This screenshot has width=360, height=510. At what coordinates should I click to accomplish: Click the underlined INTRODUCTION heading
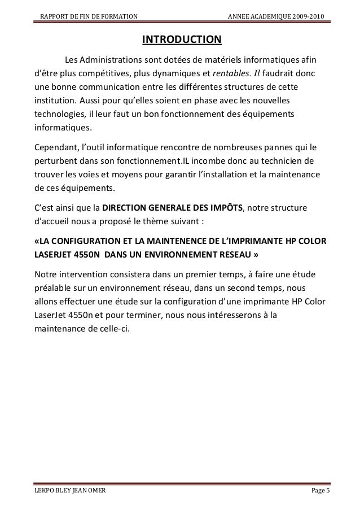click(x=182, y=40)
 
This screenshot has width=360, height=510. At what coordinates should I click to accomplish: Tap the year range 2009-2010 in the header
click(x=306, y=14)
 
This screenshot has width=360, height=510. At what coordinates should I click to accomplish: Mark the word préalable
click(x=55, y=288)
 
